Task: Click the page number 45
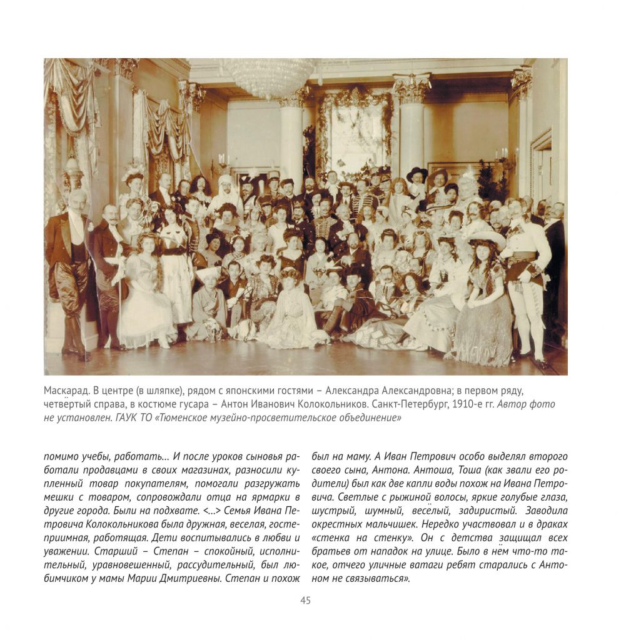point(305,601)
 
